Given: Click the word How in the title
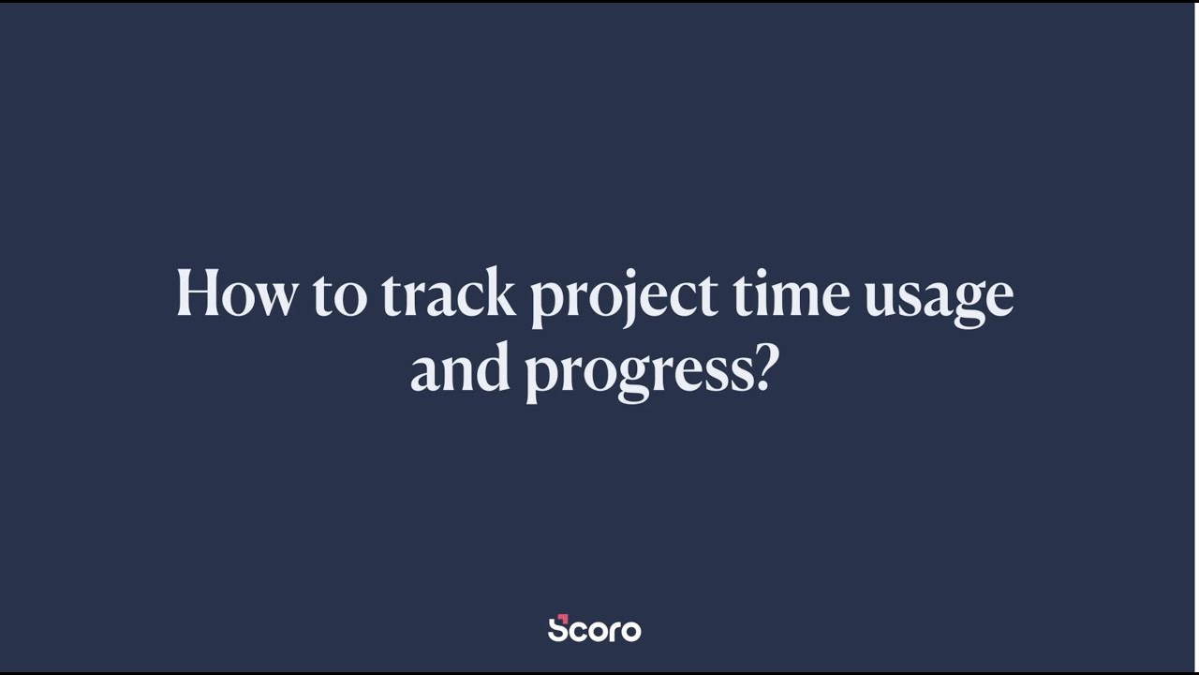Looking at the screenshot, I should (x=236, y=293).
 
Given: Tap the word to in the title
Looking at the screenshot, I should (x=341, y=295).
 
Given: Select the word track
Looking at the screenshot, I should (x=448, y=293).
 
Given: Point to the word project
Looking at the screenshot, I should (x=623, y=297).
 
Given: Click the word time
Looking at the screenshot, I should (x=791, y=293).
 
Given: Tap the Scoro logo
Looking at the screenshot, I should (x=594, y=629).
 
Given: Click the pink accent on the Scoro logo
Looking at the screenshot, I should (x=562, y=618).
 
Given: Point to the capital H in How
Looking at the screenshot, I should (x=198, y=293).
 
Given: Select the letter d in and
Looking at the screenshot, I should (x=494, y=368).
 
